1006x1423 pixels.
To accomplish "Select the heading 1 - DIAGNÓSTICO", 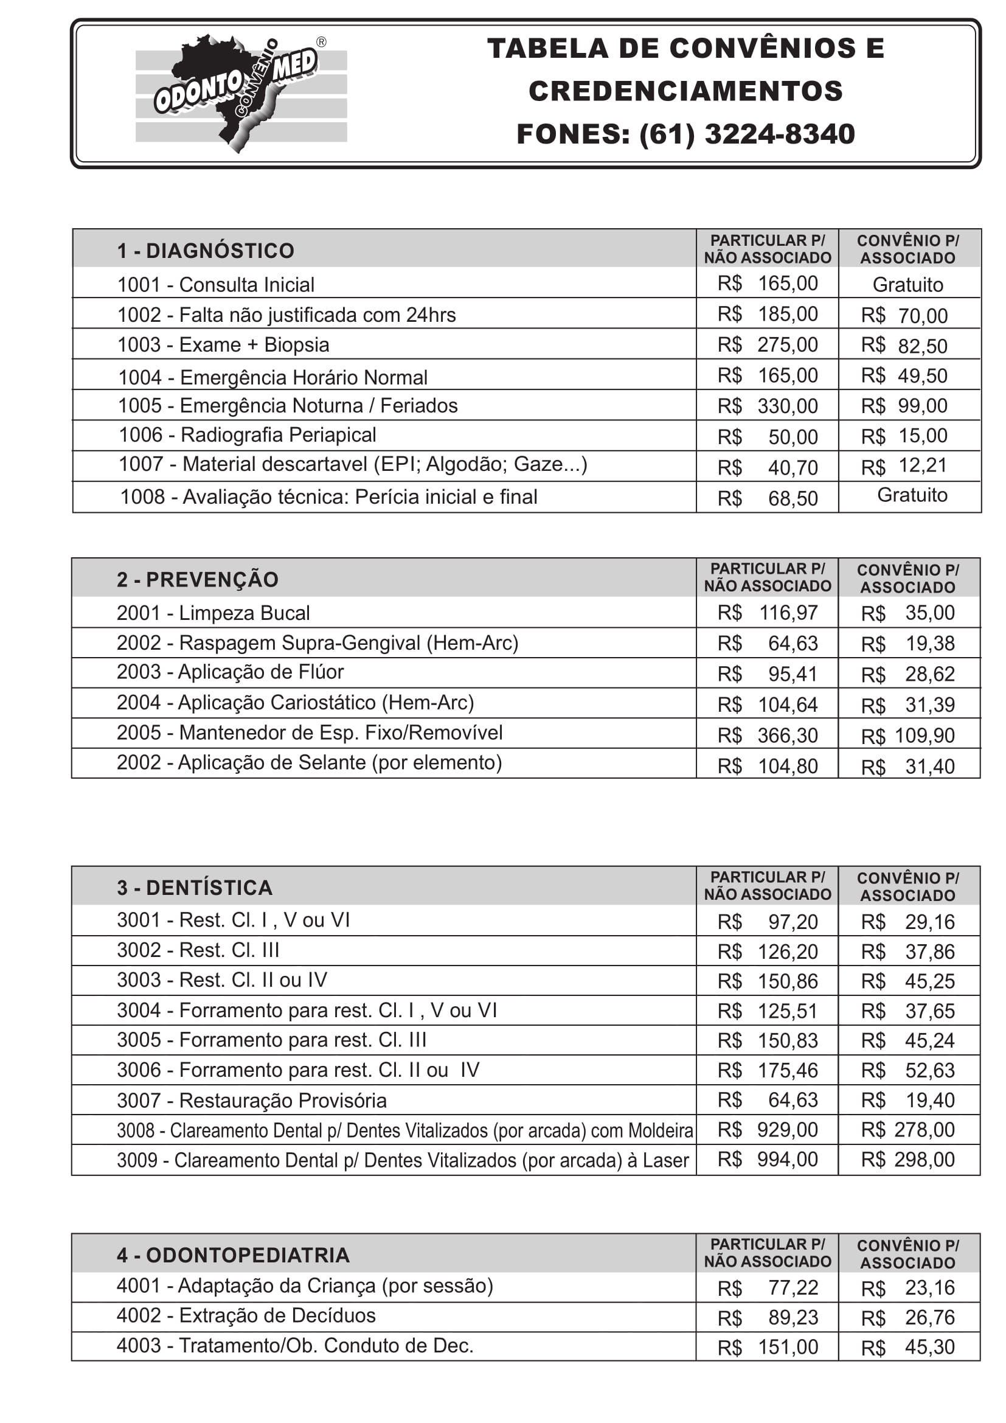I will [206, 251].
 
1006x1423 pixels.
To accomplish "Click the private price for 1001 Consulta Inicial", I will [768, 284].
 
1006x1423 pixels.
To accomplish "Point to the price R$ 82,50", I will [904, 345].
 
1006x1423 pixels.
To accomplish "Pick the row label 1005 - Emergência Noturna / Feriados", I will [288, 405].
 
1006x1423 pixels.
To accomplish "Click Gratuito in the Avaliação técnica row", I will [912, 495].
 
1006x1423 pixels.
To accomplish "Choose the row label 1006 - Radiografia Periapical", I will [247, 435].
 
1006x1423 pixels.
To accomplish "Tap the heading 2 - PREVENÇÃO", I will [198, 580].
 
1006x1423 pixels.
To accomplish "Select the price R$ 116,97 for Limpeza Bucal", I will [768, 613].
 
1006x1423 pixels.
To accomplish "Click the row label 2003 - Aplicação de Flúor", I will [230, 672].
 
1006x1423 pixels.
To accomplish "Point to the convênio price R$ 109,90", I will [907, 736].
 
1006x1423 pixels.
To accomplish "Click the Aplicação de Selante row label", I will [309, 762].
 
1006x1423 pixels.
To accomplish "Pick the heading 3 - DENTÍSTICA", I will [195, 888].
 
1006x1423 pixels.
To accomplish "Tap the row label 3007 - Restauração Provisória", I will [252, 1100].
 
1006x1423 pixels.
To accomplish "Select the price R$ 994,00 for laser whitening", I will [768, 1159].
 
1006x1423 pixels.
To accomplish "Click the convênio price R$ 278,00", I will [907, 1129].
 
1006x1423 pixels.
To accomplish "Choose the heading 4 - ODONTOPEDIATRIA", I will [233, 1255].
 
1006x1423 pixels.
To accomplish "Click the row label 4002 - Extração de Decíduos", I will [246, 1315].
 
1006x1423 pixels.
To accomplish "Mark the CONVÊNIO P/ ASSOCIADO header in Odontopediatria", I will [907, 1254].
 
